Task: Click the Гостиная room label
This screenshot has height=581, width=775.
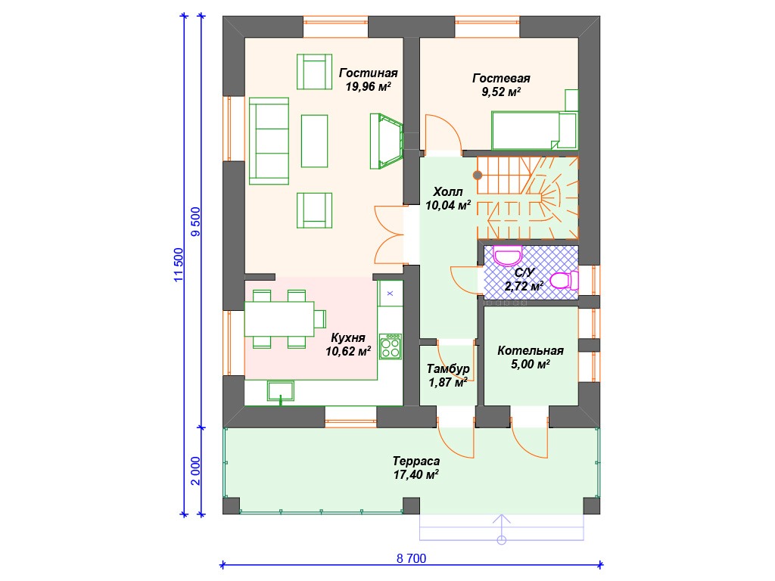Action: click(x=369, y=73)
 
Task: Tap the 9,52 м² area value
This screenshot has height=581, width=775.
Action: click(x=501, y=92)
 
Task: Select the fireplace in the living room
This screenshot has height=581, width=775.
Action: click(x=386, y=141)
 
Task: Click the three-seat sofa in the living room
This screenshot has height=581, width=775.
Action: click(x=269, y=141)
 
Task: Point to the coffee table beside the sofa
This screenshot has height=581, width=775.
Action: click(x=314, y=141)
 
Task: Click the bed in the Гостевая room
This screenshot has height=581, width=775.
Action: click(x=534, y=130)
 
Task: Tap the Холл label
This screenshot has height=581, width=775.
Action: click(x=448, y=191)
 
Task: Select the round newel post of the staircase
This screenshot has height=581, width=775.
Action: click(x=478, y=175)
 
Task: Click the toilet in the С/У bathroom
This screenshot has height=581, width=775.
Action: click(x=565, y=281)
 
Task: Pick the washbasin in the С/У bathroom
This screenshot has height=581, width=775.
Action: click(x=508, y=256)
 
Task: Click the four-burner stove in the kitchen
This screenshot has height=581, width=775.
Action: click(x=391, y=346)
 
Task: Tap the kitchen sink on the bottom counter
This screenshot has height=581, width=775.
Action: click(x=281, y=391)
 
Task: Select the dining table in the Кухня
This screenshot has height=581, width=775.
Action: click(x=279, y=319)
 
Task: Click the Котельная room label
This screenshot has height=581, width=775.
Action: click(x=531, y=351)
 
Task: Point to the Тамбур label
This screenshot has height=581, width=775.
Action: click(x=448, y=369)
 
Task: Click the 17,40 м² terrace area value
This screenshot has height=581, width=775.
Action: click(x=416, y=475)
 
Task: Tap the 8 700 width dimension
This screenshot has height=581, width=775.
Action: click(x=411, y=559)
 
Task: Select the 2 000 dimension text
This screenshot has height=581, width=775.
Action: click(x=196, y=471)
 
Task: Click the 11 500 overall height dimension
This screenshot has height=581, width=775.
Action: click(x=179, y=265)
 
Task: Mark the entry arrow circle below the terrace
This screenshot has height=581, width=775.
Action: click(x=502, y=540)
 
